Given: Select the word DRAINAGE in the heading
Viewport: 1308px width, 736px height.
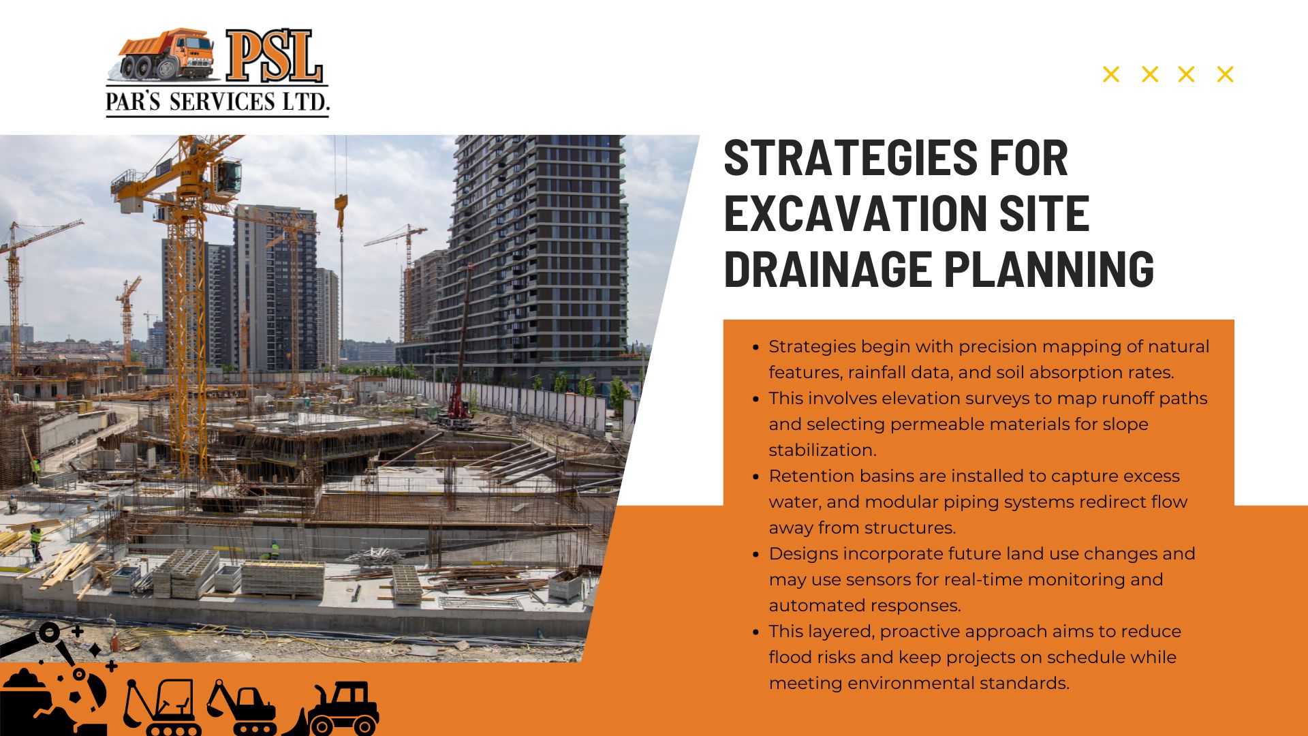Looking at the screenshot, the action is point(828,269).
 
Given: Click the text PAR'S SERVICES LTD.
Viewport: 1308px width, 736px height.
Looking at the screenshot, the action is point(217,102).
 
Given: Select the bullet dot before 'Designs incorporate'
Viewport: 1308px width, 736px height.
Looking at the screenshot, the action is point(756,555).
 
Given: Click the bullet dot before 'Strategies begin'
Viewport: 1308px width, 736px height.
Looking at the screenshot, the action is point(756,348).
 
